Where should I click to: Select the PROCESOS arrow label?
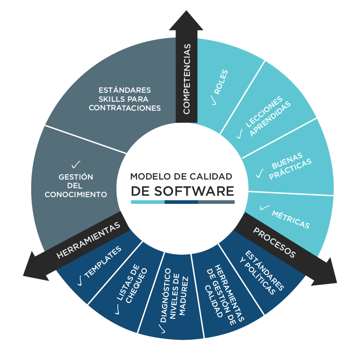274,243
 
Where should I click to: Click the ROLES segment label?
221,81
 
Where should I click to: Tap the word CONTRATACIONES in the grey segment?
125,108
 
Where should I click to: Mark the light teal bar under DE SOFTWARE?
148,202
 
